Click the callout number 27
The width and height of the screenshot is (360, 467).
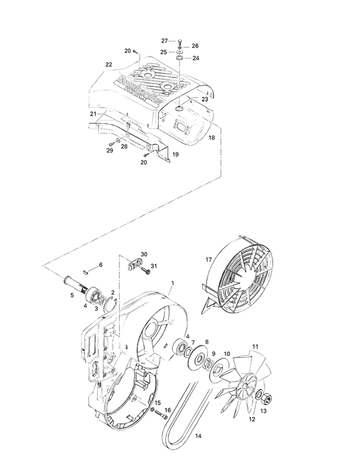click(164, 40)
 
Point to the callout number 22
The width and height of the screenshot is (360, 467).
click(109, 64)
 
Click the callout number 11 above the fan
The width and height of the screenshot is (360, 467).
click(255, 347)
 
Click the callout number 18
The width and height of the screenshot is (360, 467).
click(212, 138)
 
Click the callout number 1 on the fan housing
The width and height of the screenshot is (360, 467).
click(172, 282)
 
